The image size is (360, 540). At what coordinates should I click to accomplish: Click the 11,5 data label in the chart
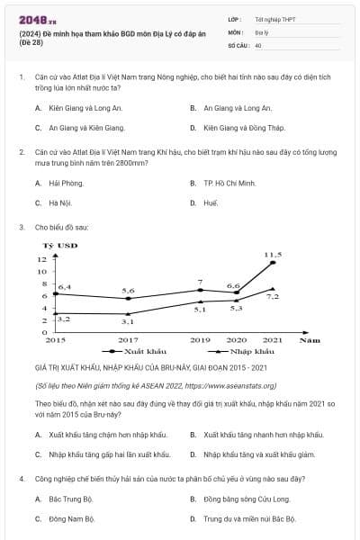pos(273,255)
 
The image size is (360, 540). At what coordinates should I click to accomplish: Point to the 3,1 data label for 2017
pos(128,321)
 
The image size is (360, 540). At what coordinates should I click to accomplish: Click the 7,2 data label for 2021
pos(274,297)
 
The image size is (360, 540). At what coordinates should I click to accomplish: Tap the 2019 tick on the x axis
pos(200,340)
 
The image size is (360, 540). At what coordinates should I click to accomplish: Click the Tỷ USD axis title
pos(60,245)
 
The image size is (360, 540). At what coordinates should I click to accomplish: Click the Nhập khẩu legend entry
pos(248,351)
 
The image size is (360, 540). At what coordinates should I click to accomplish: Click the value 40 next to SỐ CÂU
pos(258,44)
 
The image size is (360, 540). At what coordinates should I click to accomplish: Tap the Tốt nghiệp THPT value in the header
pos(274,18)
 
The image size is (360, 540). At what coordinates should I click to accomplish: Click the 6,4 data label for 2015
pos(64,286)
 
